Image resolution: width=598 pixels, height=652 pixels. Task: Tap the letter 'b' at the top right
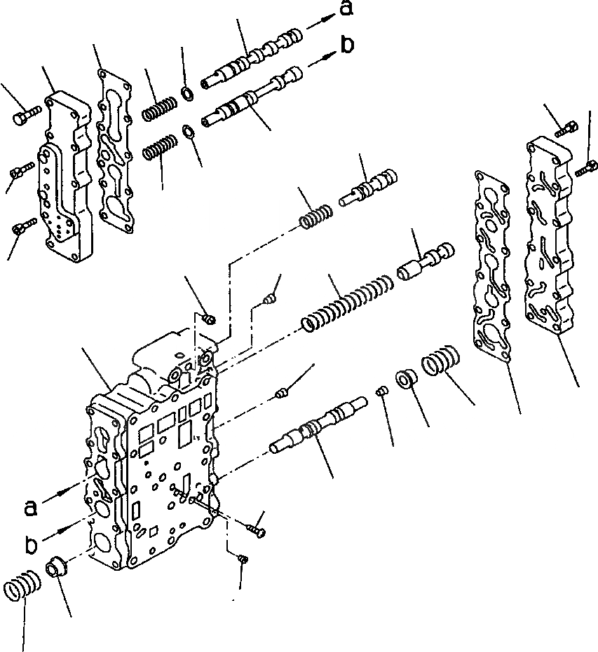point(347,44)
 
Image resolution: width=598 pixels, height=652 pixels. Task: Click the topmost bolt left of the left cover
point(21,113)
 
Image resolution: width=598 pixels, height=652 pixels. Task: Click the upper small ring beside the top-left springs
point(188,95)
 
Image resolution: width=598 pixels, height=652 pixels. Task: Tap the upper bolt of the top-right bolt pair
point(566,129)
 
